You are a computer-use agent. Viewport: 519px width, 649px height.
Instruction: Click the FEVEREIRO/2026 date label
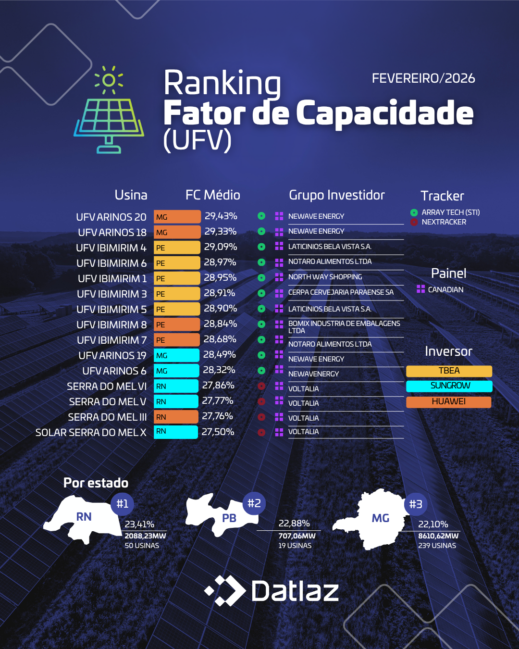point(423,78)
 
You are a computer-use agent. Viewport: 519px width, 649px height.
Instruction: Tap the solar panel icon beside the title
point(109,110)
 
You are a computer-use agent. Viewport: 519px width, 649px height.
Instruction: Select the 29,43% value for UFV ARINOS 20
point(221,216)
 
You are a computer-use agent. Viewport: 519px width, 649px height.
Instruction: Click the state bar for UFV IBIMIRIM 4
point(177,248)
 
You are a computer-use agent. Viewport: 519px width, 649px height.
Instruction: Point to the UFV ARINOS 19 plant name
point(112,356)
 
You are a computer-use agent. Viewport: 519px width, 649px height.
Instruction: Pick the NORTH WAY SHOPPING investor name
point(325,277)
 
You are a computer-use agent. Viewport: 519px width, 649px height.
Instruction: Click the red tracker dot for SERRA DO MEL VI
point(261,386)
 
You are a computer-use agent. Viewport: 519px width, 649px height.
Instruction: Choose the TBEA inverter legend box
point(449,371)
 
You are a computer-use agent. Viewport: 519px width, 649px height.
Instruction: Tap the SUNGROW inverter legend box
point(449,386)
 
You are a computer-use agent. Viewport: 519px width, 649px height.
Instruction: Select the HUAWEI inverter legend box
point(449,402)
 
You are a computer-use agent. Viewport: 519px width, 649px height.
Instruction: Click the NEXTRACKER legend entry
point(438,222)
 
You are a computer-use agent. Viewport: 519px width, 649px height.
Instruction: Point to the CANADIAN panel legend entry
point(440,289)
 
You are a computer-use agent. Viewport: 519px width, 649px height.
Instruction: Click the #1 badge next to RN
point(122,504)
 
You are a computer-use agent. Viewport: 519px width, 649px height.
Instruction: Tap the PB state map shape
point(222,514)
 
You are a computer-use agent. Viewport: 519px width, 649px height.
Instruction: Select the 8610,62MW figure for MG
point(438,536)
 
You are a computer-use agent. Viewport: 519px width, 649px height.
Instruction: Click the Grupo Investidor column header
point(337,195)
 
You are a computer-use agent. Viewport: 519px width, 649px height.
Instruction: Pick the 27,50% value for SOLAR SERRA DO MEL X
point(218,432)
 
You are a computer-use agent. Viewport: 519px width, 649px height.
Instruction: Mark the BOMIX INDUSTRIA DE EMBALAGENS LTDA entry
point(344,327)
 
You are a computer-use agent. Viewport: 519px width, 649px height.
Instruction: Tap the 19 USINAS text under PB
point(295,546)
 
